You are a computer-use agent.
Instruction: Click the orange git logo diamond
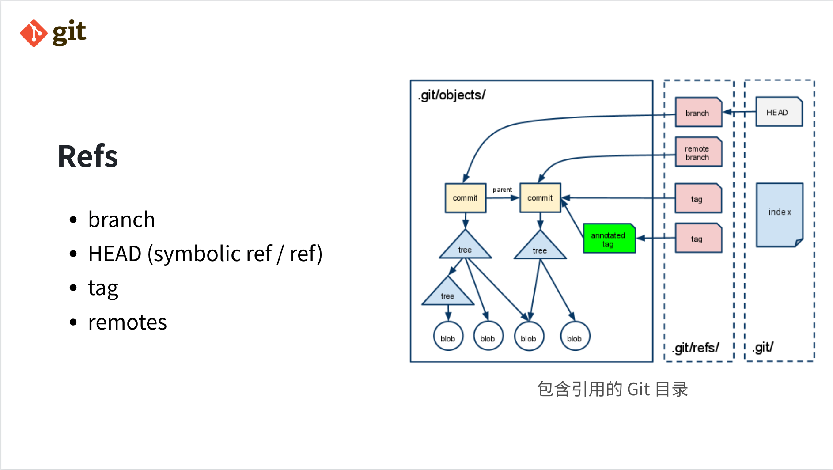tap(34, 33)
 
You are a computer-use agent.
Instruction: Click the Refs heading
tap(88, 156)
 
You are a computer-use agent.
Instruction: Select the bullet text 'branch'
tap(121, 220)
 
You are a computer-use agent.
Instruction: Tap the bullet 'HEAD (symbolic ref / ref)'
tap(205, 254)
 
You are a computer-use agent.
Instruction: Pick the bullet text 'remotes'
tap(127, 322)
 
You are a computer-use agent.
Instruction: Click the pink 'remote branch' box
tap(698, 152)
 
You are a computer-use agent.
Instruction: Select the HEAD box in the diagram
tap(778, 112)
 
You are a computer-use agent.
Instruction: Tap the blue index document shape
tap(779, 214)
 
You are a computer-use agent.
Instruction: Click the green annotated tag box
tap(609, 239)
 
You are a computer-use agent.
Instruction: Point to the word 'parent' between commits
tap(502, 190)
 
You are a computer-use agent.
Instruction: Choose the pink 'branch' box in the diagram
tap(698, 113)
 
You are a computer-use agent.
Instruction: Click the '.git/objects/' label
tap(452, 95)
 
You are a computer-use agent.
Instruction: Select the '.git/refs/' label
tap(696, 348)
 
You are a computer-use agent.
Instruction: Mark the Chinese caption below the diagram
tap(612, 389)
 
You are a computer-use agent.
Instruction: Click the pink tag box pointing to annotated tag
tap(698, 239)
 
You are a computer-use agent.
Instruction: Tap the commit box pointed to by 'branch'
tap(465, 198)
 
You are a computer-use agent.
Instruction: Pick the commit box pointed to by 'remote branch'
tap(540, 198)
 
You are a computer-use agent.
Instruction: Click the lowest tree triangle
tap(447, 293)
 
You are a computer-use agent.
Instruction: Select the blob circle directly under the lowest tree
tap(448, 337)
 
